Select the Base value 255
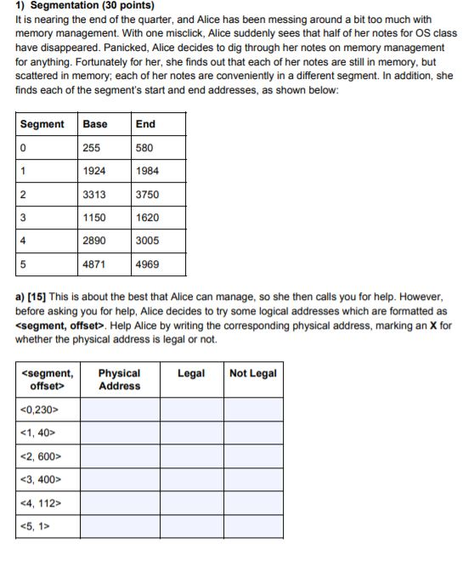tap(92, 148)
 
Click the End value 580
tap(144, 148)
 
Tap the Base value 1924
tap(94, 171)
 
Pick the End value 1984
tap(147, 171)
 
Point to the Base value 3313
tap(94, 195)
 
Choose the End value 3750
tap(147, 195)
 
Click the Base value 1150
tap(94, 218)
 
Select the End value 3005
tap(147, 241)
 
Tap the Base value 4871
tap(94, 264)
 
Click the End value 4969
tap(147, 264)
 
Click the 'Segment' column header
tap(42, 124)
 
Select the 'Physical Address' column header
tap(120, 379)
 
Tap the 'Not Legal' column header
tap(253, 373)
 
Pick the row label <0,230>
tap(38, 410)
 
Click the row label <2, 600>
tap(40, 456)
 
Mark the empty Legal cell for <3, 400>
tap(191, 480)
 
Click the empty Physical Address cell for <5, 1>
tap(120, 526)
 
